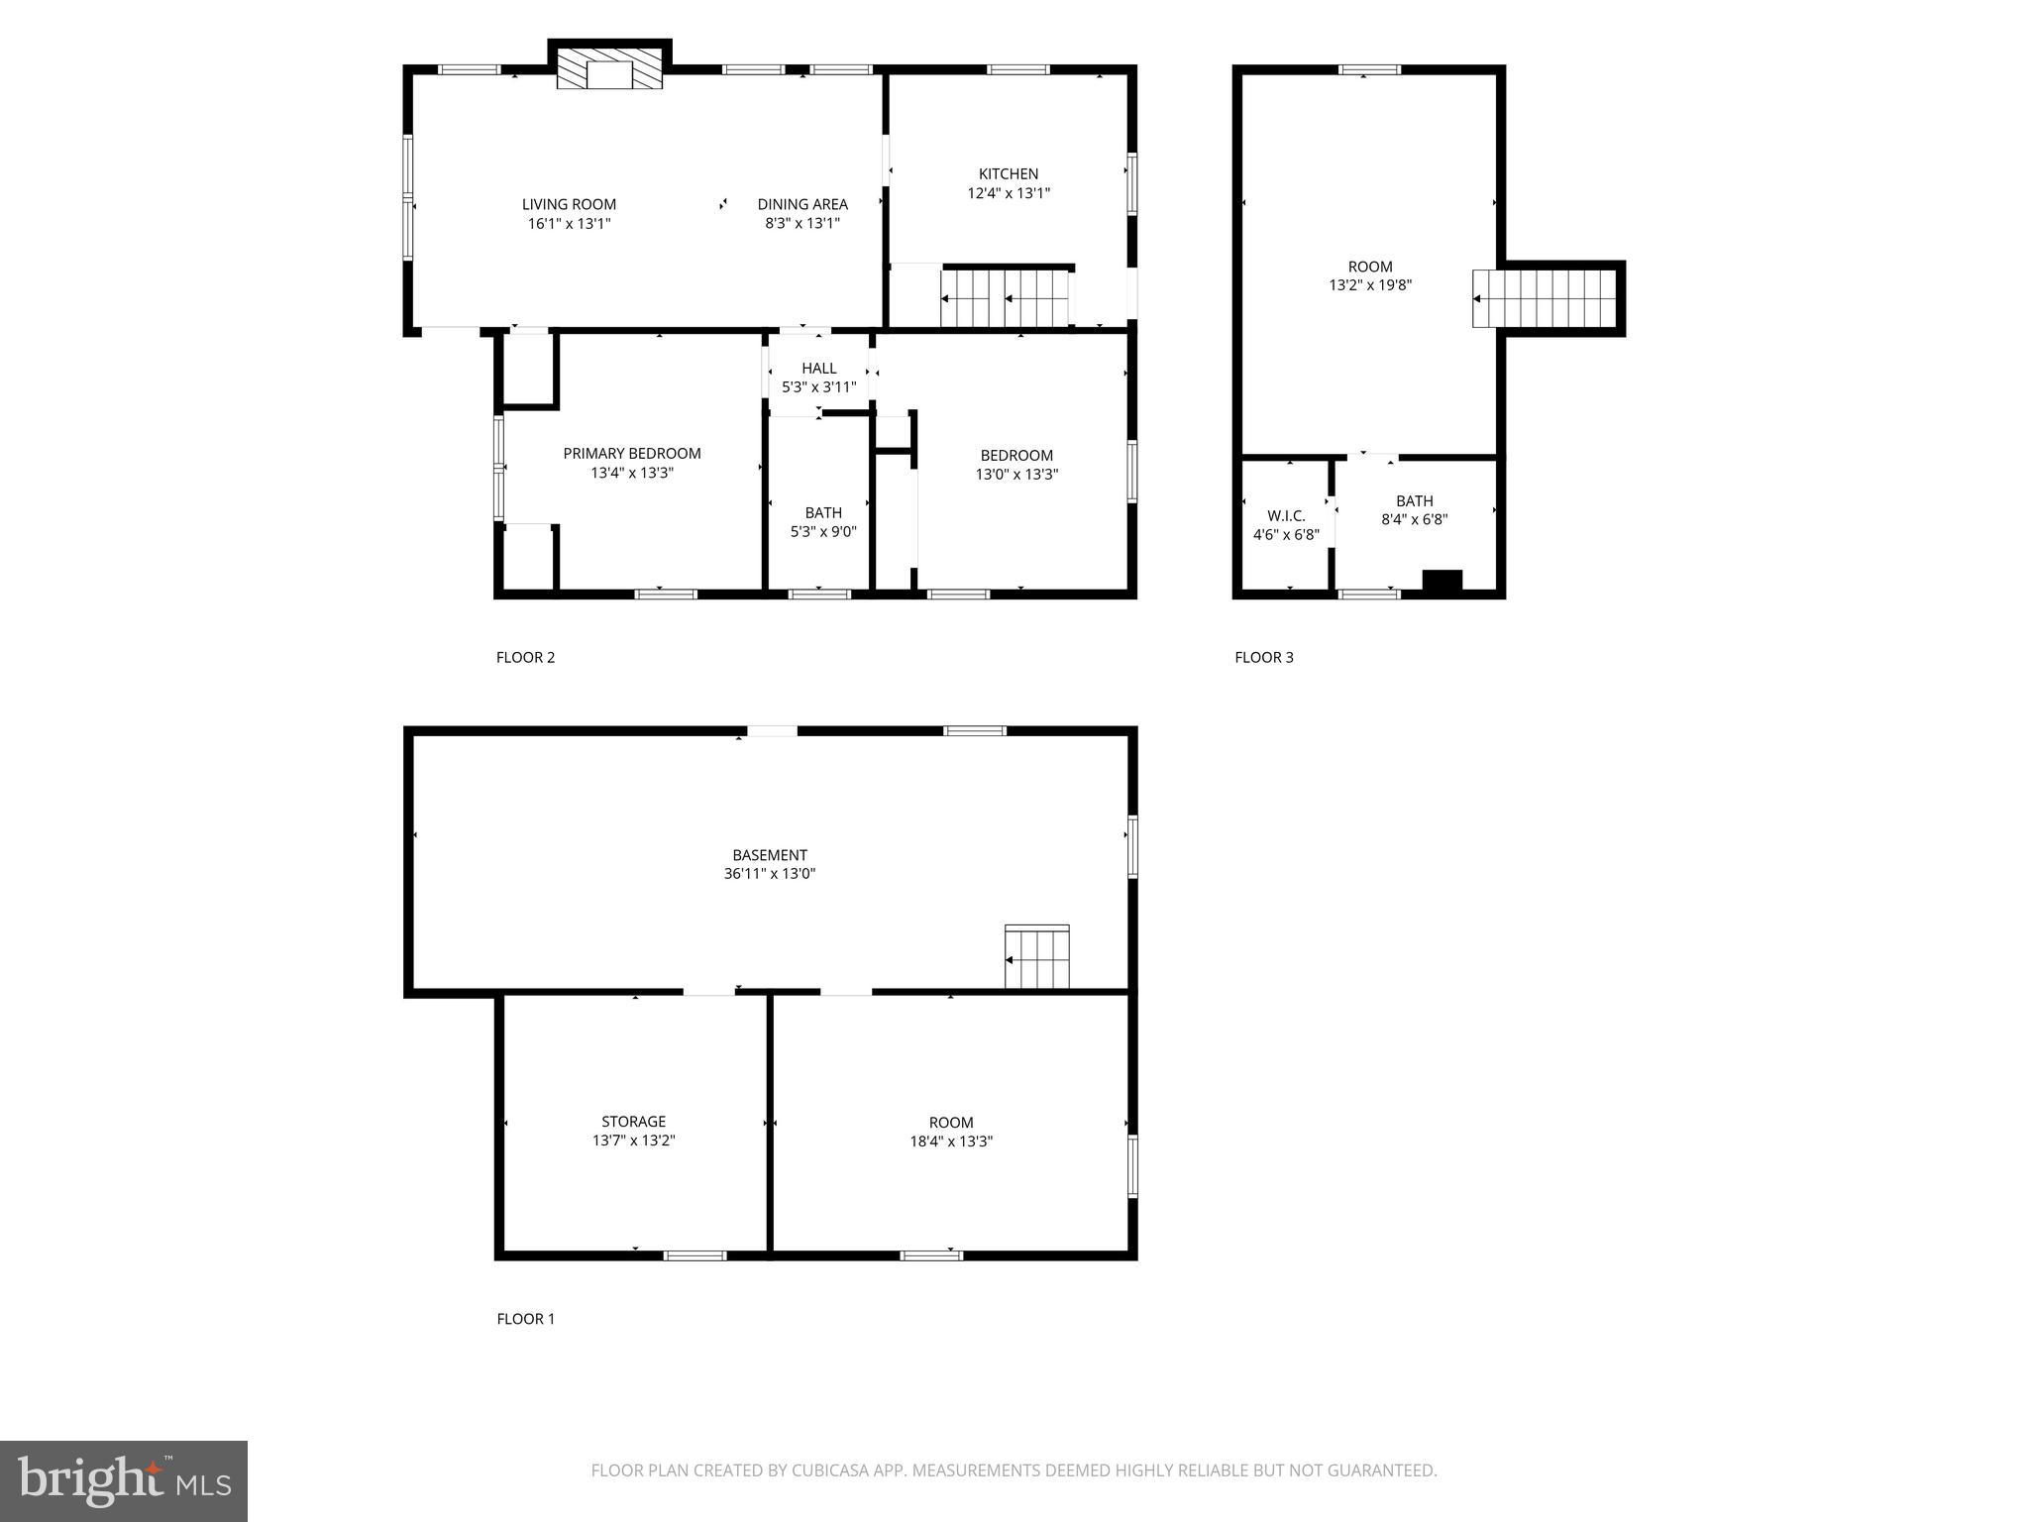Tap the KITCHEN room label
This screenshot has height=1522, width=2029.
point(1009,173)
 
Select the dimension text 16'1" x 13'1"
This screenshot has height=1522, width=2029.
point(569,224)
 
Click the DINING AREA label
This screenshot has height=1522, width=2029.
point(802,204)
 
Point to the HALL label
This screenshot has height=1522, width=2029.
point(818,368)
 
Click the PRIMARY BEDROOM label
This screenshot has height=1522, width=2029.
point(632,453)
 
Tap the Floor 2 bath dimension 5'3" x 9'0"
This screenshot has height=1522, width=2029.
point(822,532)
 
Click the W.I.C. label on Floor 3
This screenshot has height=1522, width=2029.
point(1286,515)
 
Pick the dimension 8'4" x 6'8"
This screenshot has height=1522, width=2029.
point(1414,519)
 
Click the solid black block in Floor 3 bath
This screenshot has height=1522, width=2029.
point(1442,581)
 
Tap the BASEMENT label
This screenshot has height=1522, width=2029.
point(770,854)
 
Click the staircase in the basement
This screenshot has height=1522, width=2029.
point(1037,957)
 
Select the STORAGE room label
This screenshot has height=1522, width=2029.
point(633,1122)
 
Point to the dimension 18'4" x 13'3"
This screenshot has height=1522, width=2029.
point(951,1141)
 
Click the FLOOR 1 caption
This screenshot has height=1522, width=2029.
point(525,1319)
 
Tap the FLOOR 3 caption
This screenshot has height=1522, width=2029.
point(1263,657)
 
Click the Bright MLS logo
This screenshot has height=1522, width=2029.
point(124,1480)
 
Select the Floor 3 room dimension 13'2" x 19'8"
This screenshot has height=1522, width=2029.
point(1370,285)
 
